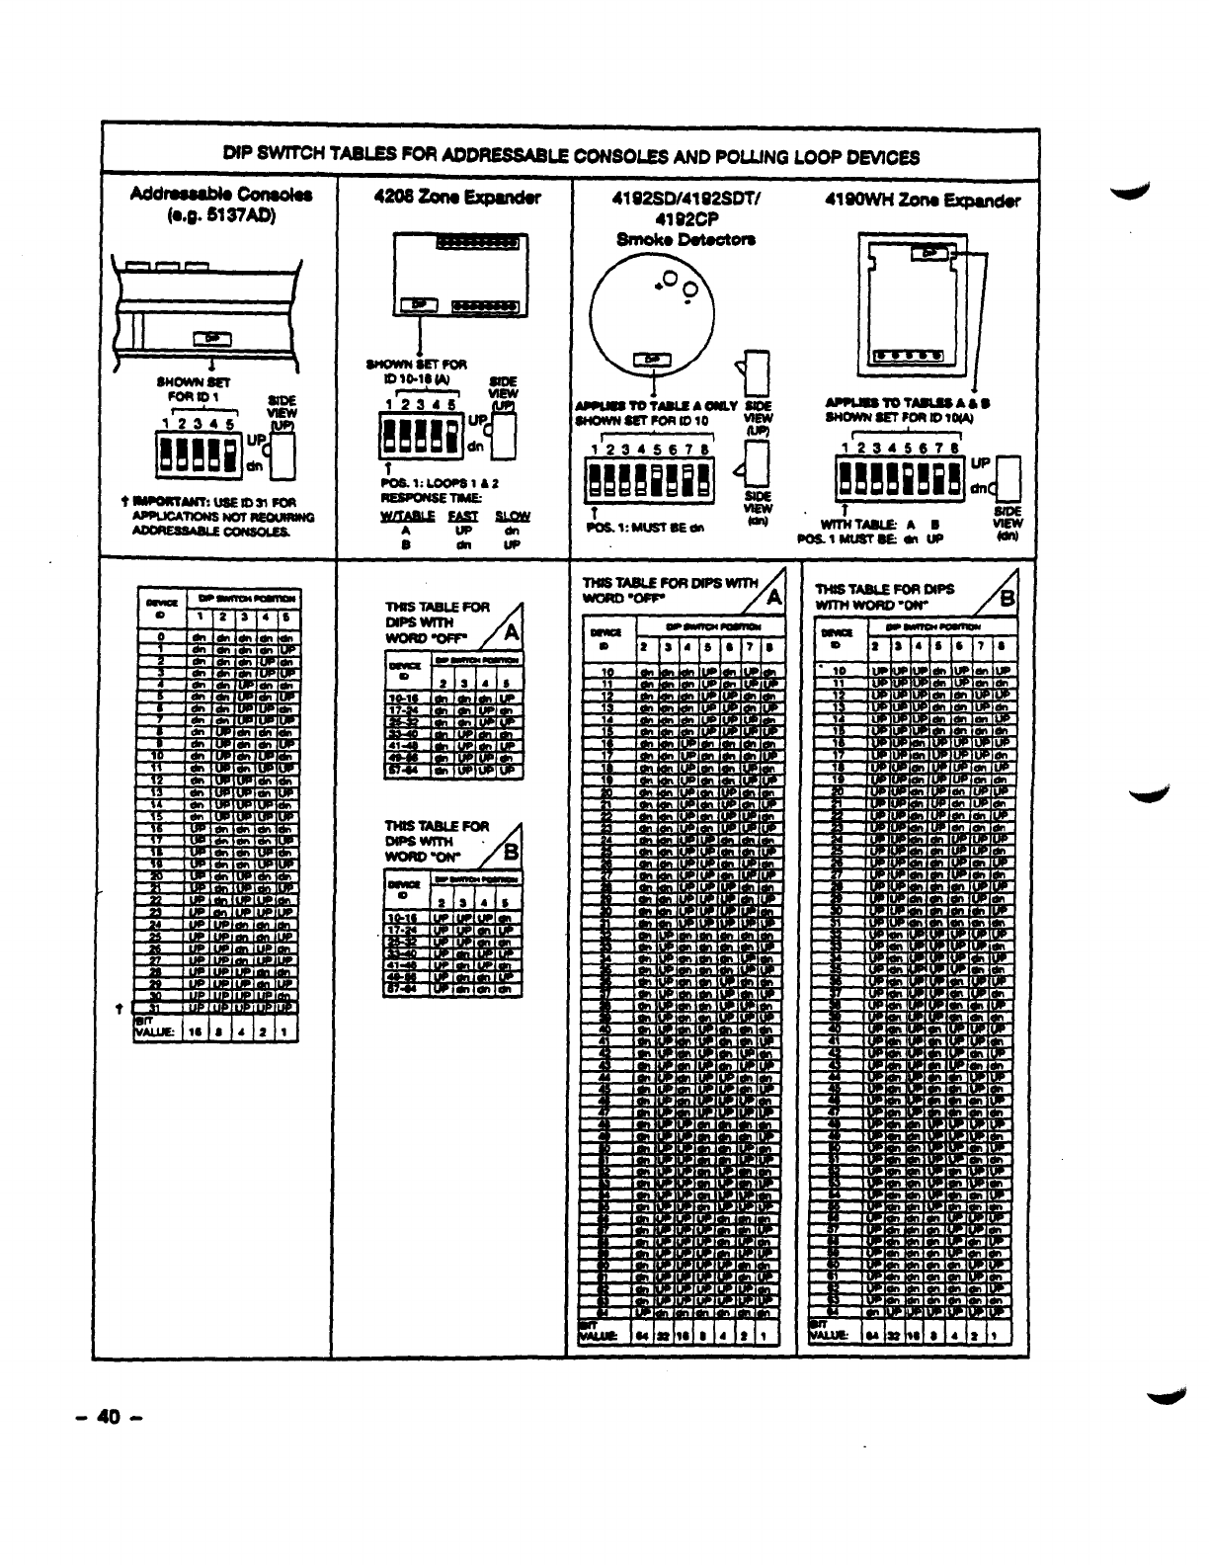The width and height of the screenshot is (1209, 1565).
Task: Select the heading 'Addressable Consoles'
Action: pos(221,194)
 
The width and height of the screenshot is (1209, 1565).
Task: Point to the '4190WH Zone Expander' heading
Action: pos(923,201)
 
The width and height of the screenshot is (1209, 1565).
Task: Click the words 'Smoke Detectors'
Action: pos(685,238)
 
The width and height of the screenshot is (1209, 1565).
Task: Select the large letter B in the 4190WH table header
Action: pos(1007,600)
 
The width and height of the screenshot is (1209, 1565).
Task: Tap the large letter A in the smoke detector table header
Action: pos(773,596)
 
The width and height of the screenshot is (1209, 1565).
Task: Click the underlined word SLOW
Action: pos(512,516)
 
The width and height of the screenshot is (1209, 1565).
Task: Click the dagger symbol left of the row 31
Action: pos(119,1008)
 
